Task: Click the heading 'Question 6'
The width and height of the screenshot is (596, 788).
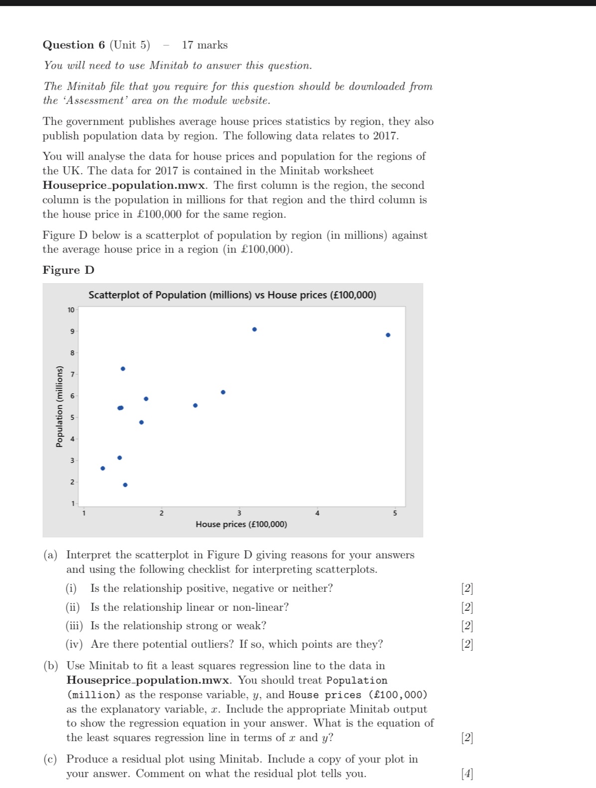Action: point(74,45)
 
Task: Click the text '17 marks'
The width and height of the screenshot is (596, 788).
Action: point(204,45)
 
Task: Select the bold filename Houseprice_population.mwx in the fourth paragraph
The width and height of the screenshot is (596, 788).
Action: point(124,185)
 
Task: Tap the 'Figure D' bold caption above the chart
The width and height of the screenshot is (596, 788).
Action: point(68,270)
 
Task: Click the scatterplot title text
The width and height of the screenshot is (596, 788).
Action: point(232,295)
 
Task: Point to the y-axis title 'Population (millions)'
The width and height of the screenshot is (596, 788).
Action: point(59,406)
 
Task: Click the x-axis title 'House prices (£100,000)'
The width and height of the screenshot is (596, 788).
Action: point(241,524)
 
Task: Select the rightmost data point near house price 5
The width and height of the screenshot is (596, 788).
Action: point(388,335)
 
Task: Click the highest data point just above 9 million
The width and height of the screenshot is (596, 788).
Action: point(254,330)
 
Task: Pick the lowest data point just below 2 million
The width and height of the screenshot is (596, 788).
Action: point(125,485)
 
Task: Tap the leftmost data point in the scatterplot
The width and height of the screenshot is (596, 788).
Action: point(103,468)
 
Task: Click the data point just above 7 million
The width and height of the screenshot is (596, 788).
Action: point(123,369)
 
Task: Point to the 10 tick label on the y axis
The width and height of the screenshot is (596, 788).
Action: point(71,310)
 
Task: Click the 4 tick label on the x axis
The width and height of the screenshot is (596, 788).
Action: point(317,513)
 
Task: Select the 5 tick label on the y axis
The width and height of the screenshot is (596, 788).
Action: point(72,417)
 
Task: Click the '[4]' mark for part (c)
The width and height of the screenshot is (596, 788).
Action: point(467,774)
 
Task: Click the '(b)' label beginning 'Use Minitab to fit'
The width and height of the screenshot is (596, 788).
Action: point(51,666)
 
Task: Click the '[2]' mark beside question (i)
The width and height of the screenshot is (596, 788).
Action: point(467,589)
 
